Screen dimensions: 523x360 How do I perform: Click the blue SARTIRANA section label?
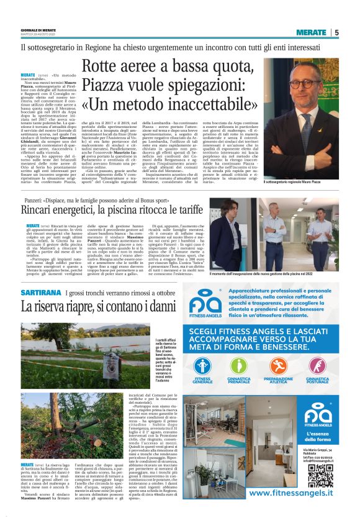[x=41, y=292]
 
